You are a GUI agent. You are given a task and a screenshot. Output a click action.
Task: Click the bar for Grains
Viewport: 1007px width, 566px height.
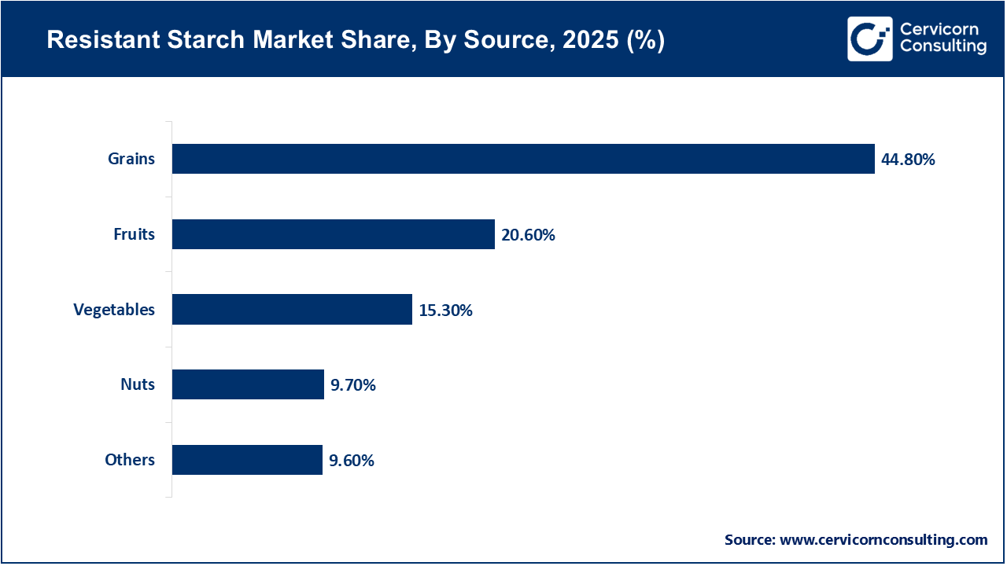pyautogui.click(x=523, y=159)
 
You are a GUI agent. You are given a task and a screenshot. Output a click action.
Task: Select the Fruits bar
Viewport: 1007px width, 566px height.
pyautogui.click(x=333, y=234)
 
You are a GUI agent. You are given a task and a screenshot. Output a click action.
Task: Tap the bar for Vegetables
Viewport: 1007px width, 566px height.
pyautogui.click(x=292, y=310)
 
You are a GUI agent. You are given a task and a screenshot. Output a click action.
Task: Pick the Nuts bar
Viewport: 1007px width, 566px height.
pyautogui.click(x=248, y=384)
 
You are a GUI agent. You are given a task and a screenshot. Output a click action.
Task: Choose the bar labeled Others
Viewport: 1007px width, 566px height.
pyautogui.click(x=247, y=460)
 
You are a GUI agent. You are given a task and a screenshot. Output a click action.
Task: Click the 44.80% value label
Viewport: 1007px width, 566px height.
pyautogui.click(x=908, y=160)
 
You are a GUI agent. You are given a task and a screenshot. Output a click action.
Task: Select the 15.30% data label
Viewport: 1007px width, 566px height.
pyautogui.click(x=445, y=311)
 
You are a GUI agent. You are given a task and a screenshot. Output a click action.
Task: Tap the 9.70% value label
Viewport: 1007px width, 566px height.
pyautogui.click(x=352, y=385)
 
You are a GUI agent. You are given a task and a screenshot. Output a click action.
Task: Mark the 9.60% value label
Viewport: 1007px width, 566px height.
pyautogui.click(x=351, y=461)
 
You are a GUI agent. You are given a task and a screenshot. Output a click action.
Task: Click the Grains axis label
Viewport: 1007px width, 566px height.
pyautogui.click(x=131, y=160)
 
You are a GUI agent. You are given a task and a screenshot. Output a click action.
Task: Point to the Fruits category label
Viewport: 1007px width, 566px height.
pyautogui.click(x=135, y=234)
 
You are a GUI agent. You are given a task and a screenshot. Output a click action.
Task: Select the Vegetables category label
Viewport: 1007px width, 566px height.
pyautogui.click(x=114, y=310)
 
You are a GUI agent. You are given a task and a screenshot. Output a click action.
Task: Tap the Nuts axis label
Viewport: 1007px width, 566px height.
pyautogui.click(x=139, y=384)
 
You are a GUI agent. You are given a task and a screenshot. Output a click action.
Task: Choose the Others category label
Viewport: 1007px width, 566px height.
pyautogui.click(x=130, y=460)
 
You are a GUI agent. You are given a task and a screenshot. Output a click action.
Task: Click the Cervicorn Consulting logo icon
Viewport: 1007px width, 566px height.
pyautogui.click(x=869, y=39)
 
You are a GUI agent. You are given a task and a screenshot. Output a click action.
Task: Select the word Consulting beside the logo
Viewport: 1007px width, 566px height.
pyautogui.click(x=943, y=47)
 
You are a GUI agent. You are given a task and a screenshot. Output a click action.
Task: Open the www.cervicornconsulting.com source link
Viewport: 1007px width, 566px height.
pyautogui.click(x=883, y=540)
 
